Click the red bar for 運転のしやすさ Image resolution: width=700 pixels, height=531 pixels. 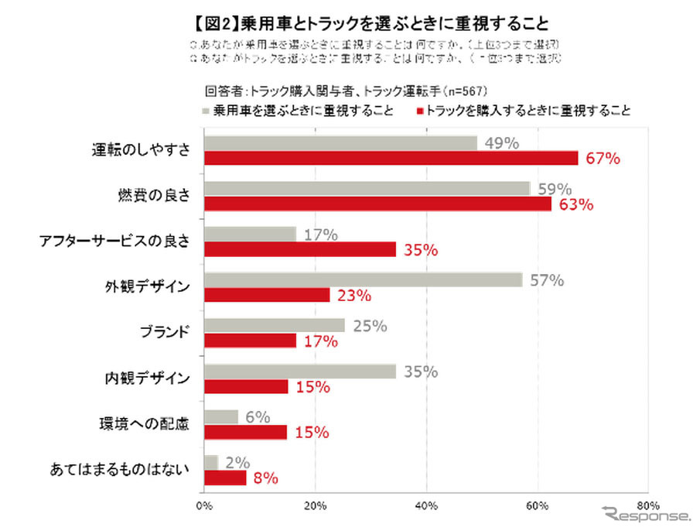pos(391,158)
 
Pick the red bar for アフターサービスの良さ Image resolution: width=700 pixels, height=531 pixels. pos(300,249)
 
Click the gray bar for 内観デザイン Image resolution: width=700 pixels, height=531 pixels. pos(300,372)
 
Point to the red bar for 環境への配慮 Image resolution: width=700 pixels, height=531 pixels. pos(245,432)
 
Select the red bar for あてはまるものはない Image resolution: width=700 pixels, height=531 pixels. pos(225,478)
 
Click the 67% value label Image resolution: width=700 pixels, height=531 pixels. pos(603,159)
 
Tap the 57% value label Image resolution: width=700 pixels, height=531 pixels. pos(547,280)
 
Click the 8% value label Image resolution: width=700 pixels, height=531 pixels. pos(266,478)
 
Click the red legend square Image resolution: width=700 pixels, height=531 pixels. pos(420,111)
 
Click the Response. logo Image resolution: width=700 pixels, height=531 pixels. pos(647,514)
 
